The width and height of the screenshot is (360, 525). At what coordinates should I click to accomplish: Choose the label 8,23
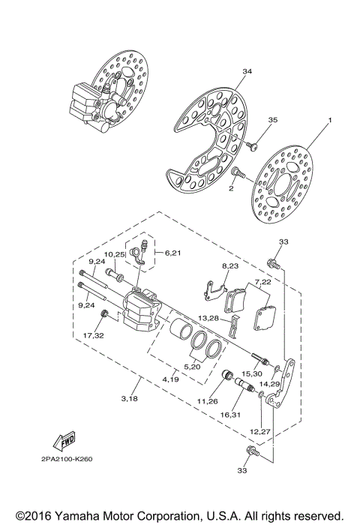pos(229,266)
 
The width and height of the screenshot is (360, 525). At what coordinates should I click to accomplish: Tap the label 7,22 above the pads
pos(262,281)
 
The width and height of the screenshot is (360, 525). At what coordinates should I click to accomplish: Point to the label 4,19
pos(171,381)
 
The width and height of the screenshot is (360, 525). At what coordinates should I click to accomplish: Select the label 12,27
pos(259,431)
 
